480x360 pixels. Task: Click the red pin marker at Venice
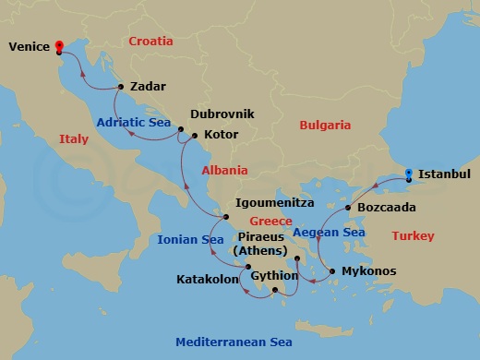pyautogui.click(x=58, y=46)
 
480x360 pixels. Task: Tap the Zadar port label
pyautogui.click(x=149, y=87)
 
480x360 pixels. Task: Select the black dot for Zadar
pyautogui.click(x=120, y=87)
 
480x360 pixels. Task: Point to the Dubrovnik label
pyautogui.click(x=222, y=115)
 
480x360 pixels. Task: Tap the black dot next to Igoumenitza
pyautogui.click(x=225, y=217)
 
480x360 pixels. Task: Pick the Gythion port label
pyautogui.click(x=275, y=275)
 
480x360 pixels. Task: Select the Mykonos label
pyautogui.click(x=369, y=271)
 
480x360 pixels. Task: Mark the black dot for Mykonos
pyautogui.click(x=331, y=271)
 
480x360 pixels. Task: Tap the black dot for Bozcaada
pyautogui.click(x=348, y=209)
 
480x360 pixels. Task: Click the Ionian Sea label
pyautogui.click(x=190, y=240)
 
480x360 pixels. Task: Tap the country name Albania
pyautogui.click(x=224, y=170)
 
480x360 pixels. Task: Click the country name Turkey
pyautogui.click(x=412, y=236)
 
